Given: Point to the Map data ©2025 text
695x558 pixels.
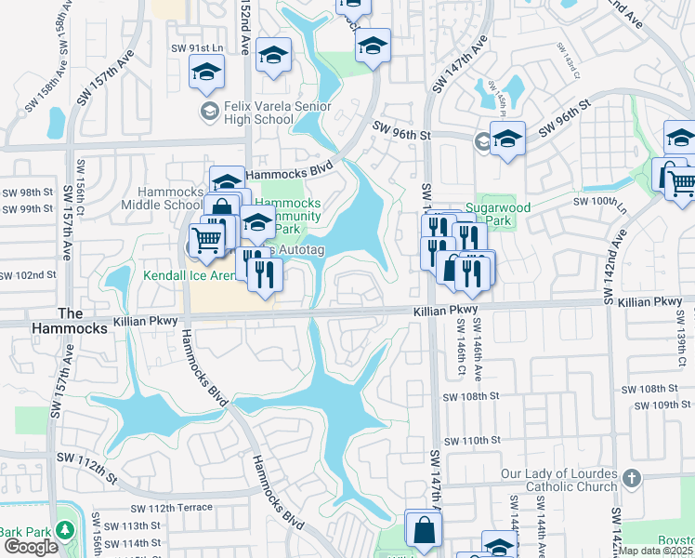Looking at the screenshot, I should [x=656, y=551].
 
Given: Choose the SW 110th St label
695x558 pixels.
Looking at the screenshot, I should [x=471, y=440].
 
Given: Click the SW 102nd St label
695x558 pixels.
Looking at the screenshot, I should [x=28, y=275].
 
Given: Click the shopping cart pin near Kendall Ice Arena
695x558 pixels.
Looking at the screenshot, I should [x=207, y=240].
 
